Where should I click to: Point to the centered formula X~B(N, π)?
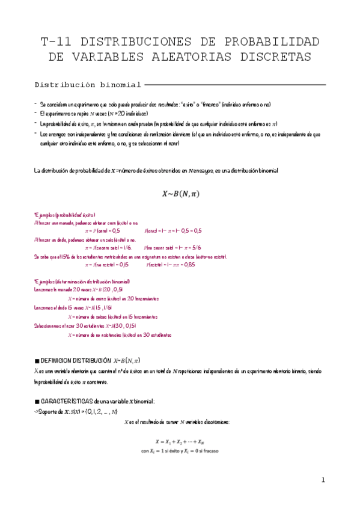pyautogui.click(x=180, y=194)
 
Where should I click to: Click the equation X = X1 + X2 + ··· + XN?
pyautogui.click(x=180, y=441)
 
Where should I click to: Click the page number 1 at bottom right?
pyautogui.click(x=323, y=480)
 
